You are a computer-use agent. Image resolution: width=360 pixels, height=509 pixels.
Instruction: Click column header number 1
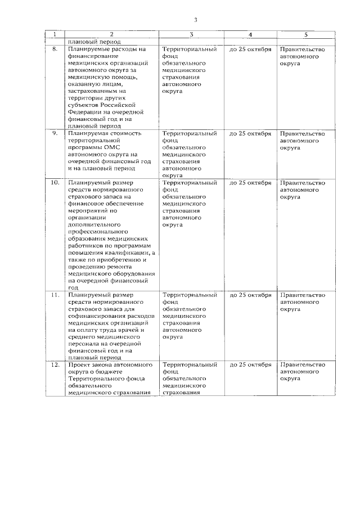point(54,34)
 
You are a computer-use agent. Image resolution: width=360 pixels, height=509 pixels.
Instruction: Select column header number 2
point(111,34)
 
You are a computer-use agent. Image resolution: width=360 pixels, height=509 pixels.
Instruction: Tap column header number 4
point(250,34)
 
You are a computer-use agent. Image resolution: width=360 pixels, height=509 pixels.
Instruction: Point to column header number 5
point(305,34)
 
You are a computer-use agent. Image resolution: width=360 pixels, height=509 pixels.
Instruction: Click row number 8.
point(55,49)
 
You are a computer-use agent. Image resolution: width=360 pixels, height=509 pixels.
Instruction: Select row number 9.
point(55,133)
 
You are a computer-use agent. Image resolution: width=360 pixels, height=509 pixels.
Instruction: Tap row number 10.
point(55,183)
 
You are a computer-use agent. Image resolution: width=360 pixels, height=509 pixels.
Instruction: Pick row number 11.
point(55,295)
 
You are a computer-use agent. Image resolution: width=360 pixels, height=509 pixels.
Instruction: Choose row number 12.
point(55,364)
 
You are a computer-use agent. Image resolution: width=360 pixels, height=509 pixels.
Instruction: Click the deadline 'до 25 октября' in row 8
point(250,49)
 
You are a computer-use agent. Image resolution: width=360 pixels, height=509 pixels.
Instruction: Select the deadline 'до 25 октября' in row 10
point(250,183)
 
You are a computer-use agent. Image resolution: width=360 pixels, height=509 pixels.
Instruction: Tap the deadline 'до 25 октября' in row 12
point(250,364)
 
